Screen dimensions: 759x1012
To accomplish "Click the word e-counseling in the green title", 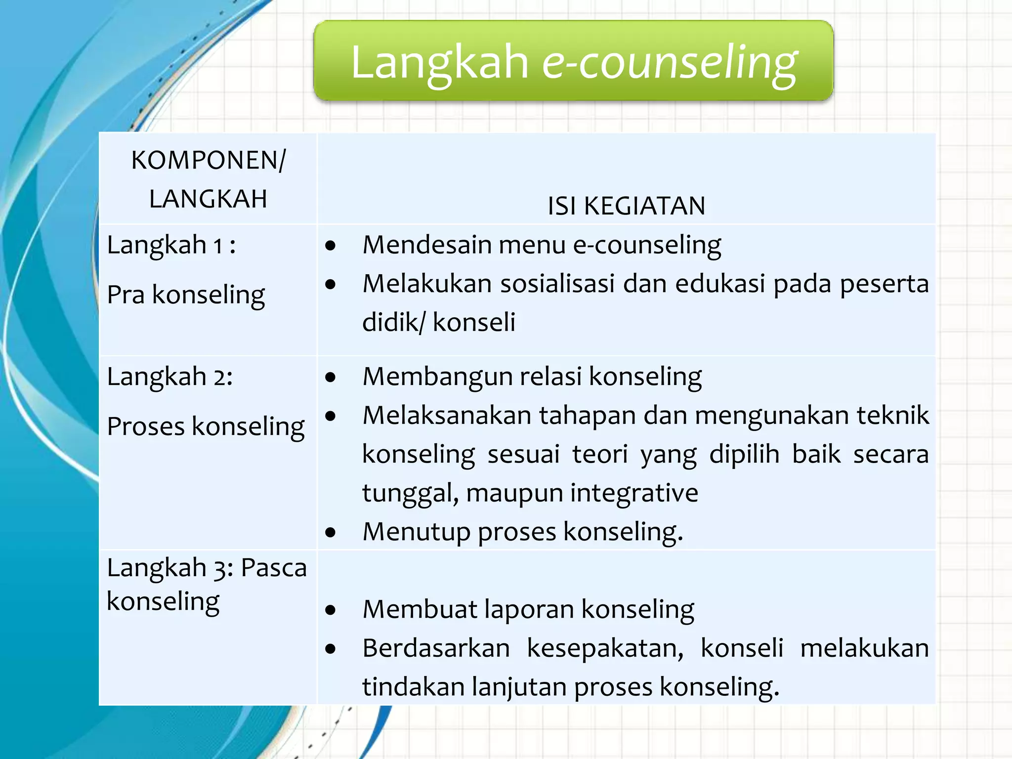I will click(x=670, y=63).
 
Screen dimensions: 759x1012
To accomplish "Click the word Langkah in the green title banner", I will click(x=439, y=63).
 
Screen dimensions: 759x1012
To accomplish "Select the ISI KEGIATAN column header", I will click(x=626, y=206).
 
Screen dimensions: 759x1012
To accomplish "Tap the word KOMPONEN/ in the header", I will click(x=208, y=160).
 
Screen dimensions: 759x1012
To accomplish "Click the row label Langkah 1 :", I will click(x=171, y=245).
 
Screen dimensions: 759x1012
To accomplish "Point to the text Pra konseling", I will click(x=186, y=295).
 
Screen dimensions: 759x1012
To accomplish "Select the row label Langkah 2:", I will click(x=169, y=377).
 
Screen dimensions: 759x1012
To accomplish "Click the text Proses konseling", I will click(x=206, y=426).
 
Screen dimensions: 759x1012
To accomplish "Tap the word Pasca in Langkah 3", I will click(x=273, y=567).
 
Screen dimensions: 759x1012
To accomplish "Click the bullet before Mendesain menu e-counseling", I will click(x=331, y=246).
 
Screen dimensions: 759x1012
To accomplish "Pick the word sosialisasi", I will click(x=557, y=284).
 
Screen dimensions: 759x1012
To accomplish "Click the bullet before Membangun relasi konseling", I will click(x=331, y=378).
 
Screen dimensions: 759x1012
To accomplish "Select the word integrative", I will click(x=634, y=493).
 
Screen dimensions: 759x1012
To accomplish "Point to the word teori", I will click(x=600, y=454).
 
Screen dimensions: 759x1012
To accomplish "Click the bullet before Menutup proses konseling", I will click(x=331, y=533).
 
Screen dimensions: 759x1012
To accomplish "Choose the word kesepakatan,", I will click(x=605, y=648).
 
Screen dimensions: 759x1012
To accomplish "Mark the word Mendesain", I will click(x=427, y=245).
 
